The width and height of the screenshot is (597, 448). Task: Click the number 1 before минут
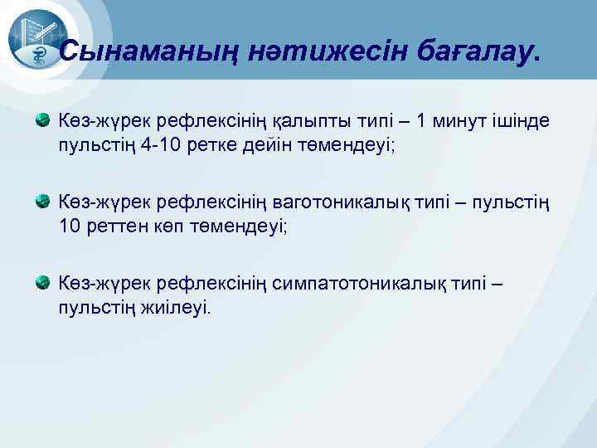[423, 122]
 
